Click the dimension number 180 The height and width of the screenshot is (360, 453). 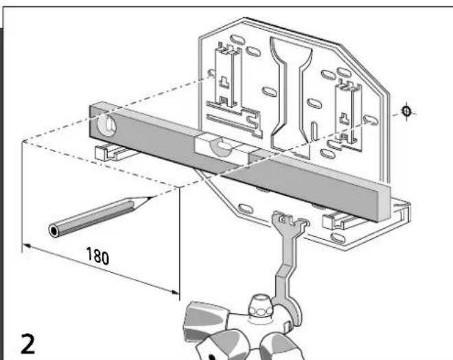(97, 256)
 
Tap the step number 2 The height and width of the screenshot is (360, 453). (27, 344)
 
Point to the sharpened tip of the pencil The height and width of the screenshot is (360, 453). (151, 198)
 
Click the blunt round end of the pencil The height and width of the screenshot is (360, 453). (54, 231)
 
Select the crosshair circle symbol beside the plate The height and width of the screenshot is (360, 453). (407, 111)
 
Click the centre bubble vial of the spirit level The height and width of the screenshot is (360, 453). (222, 146)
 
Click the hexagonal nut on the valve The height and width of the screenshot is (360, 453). (261, 310)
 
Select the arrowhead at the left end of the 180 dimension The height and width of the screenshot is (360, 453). (27, 247)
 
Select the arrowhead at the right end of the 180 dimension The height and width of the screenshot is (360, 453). (175, 293)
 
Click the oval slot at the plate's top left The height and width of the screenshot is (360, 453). (237, 39)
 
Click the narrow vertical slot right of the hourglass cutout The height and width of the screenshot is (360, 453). (314, 132)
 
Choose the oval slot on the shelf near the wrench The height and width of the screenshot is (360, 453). (338, 238)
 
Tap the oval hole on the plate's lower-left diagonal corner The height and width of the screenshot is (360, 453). (246, 209)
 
